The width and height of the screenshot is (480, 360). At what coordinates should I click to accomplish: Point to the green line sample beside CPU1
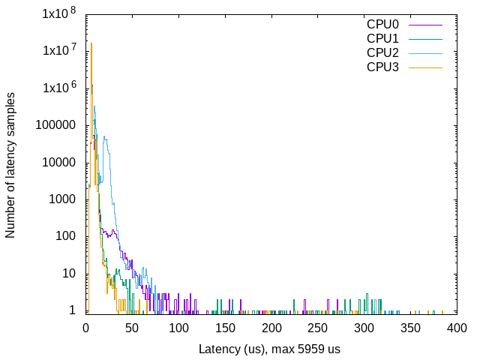point(426,38)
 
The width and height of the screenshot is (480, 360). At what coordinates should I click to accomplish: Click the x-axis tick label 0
point(85,328)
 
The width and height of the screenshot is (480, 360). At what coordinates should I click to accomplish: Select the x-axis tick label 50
point(132,328)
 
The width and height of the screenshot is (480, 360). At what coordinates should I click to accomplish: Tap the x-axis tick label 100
point(178,328)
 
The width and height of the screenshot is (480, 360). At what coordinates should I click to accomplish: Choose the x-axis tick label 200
point(271,328)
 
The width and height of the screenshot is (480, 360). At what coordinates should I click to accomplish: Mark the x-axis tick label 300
point(364,328)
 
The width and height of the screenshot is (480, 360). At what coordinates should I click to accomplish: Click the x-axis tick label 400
point(457,328)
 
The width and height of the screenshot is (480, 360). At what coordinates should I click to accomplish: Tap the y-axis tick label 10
point(68,274)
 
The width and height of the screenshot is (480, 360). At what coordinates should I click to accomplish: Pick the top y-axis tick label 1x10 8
point(58,13)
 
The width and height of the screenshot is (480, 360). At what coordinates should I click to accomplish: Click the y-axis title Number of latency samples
point(10,165)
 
